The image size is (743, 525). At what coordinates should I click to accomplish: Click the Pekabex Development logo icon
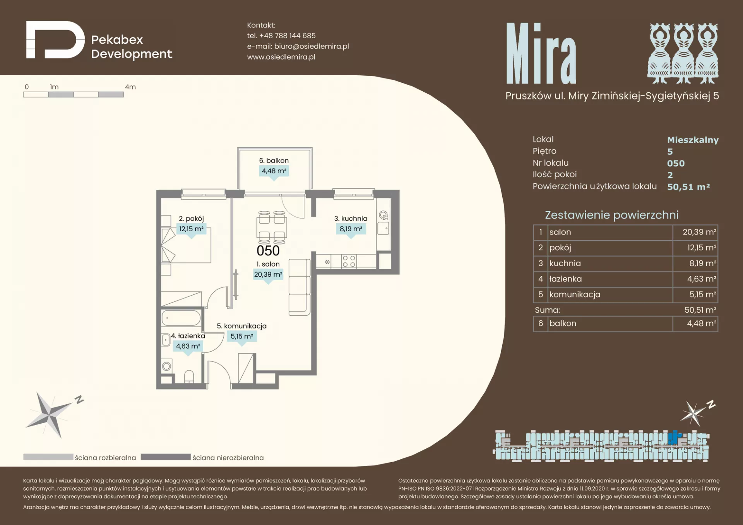[x=55, y=40]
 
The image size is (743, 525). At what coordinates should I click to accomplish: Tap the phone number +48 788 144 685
[x=287, y=36]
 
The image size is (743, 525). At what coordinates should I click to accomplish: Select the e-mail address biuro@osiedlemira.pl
[x=312, y=46]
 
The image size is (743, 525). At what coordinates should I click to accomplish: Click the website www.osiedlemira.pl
[x=281, y=57]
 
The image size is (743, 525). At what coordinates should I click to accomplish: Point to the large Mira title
[x=541, y=53]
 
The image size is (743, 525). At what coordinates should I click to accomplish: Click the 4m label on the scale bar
[x=130, y=87]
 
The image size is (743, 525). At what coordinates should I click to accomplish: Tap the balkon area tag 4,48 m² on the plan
[x=274, y=171]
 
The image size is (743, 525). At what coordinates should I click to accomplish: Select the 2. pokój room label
[x=191, y=219]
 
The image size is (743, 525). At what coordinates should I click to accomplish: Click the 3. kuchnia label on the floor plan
[x=351, y=219]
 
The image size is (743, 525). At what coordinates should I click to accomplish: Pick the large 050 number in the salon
[x=268, y=251]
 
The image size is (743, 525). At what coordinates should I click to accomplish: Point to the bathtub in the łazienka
[x=181, y=318]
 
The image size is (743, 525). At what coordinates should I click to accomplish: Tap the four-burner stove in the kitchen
[x=349, y=262]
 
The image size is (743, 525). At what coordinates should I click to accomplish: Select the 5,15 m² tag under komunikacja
[x=242, y=336]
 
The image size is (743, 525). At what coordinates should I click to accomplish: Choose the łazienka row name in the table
[x=565, y=279]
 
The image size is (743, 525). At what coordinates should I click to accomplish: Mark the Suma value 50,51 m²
[x=700, y=310]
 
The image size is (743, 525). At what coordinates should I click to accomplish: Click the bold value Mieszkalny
[x=693, y=140]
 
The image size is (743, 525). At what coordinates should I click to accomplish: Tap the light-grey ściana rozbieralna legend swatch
[x=48, y=457]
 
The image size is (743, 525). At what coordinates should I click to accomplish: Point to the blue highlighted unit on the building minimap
[x=674, y=437]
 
